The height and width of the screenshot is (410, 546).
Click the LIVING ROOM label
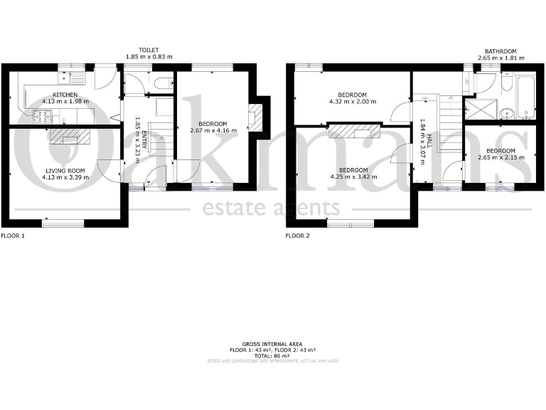pos(65,170)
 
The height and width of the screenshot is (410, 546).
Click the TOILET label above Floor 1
pos(149,50)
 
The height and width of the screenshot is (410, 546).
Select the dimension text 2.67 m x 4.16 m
pos(213,131)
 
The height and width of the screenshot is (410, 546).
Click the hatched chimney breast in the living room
pos(70,135)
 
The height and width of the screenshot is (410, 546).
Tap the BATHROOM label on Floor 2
pos(500,51)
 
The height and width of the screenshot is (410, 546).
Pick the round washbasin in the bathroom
pos(506,111)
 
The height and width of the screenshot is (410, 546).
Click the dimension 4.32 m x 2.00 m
pos(352,102)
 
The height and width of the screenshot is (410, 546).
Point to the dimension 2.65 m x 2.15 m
pos(500,157)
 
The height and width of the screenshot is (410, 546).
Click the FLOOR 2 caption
pos(297,235)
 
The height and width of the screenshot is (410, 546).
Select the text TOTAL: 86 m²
pos(272,355)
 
